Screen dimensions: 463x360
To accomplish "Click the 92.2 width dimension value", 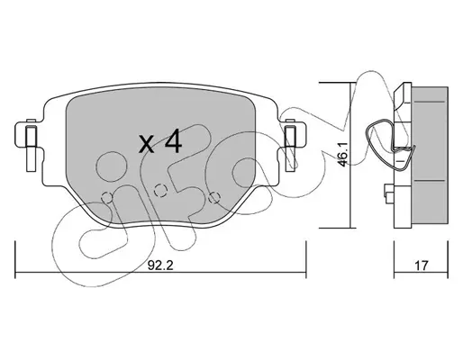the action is (x=160, y=265).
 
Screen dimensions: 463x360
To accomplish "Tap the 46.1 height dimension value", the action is (x=342, y=155).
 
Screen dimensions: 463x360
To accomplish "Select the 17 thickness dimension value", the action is (x=422, y=265).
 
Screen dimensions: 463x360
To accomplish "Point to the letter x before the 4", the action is (x=148, y=144).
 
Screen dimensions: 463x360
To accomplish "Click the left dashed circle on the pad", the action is (x=106, y=198).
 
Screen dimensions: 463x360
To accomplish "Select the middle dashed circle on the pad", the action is (x=160, y=190).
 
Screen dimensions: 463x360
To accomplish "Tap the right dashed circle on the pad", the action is (x=213, y=197).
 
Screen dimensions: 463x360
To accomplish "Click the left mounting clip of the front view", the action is (x=31, y=146).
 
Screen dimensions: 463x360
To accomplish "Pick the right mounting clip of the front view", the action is (x=290, y=146).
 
